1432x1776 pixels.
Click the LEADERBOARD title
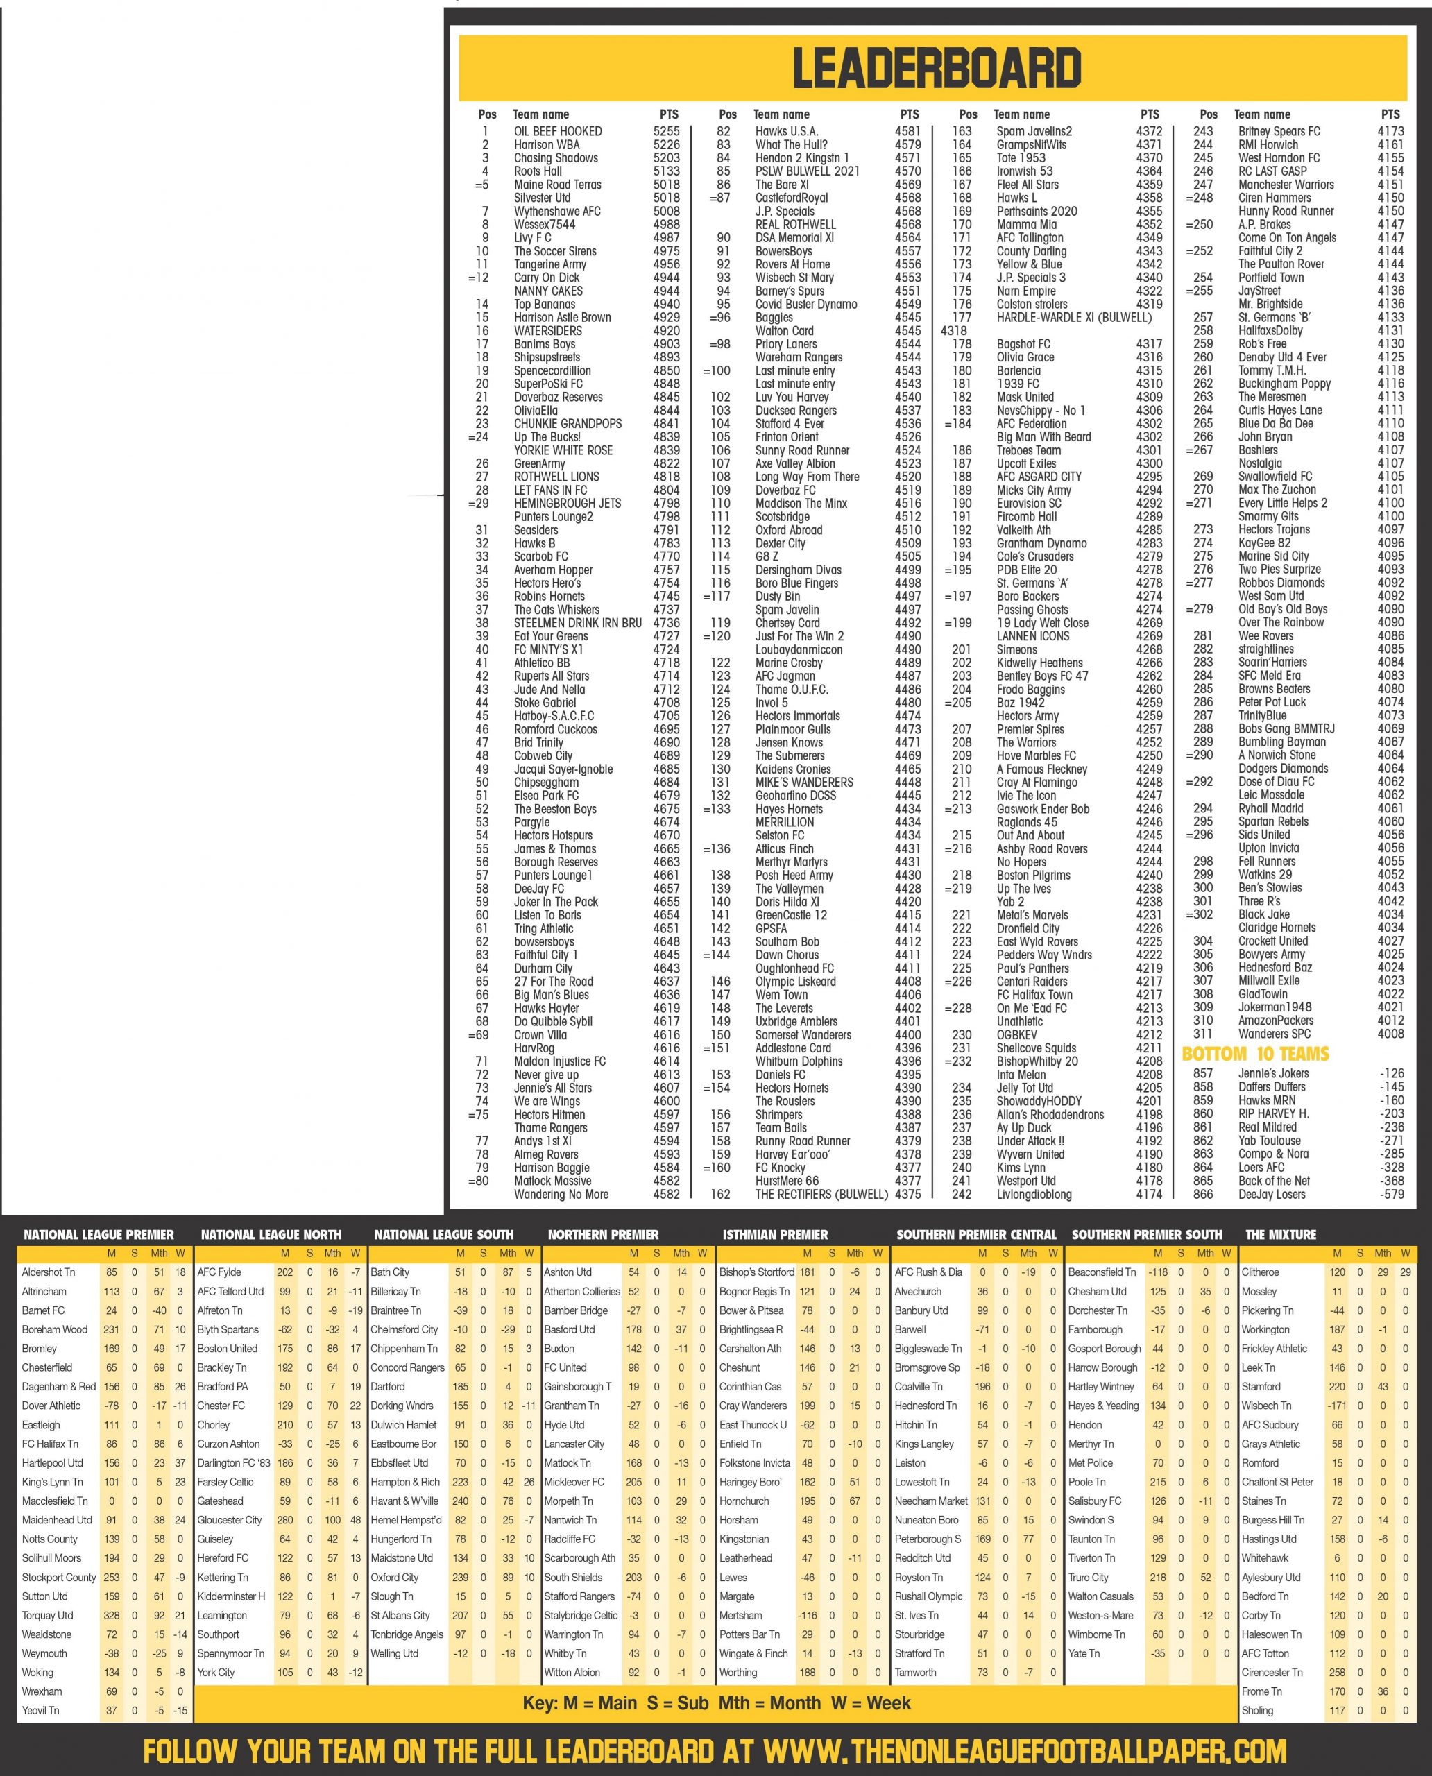point(936,68)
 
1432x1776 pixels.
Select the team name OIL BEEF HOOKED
point(558,131)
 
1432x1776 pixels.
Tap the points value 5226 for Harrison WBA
point(667,144)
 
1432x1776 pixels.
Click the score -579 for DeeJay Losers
point(1392,1194)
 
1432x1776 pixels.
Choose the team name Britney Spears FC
point(1279,131)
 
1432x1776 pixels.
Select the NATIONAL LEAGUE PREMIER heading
point(99,1235)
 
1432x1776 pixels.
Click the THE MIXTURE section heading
point(1280,1235)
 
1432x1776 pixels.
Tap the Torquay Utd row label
point(48,1615)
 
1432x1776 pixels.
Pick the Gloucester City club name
point(230,1520)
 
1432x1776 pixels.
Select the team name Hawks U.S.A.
point(786,131)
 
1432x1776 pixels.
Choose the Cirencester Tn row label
point(1272,1672)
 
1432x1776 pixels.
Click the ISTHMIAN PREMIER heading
point(774,1235)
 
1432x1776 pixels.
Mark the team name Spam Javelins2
point(1034,131)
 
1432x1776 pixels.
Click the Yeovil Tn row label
point(40,1710)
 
